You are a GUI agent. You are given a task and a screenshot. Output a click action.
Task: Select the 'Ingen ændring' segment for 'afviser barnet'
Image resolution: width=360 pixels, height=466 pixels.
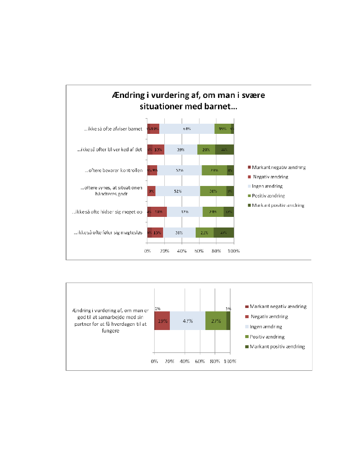coord(187,129)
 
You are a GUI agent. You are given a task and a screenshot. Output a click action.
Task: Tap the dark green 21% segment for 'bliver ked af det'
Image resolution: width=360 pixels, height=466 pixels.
coord(224,150)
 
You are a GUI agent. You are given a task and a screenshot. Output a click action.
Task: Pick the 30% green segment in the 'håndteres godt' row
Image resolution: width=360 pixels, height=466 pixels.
coord(213,191)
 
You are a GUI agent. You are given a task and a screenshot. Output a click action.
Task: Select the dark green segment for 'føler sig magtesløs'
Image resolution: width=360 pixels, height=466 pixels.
coord(224,233)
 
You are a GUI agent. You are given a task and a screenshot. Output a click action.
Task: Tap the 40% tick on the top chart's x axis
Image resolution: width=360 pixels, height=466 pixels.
coord(182,251)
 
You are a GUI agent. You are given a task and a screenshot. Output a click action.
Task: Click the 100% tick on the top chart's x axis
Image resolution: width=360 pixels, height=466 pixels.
coord(234,251)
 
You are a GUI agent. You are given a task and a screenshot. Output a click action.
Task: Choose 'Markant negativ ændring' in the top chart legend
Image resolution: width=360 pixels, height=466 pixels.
coord(279,167)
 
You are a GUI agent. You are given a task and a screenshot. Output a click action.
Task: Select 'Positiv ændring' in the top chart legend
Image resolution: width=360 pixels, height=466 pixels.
coord(268,196)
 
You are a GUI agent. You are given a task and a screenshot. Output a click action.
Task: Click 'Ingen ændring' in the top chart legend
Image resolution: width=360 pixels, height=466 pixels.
coord(267,186)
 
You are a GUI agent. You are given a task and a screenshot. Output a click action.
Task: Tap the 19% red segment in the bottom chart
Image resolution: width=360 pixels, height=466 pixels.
coord(162,321)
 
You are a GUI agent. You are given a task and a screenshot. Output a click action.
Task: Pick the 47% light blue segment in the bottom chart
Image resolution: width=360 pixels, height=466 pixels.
coord(188,321)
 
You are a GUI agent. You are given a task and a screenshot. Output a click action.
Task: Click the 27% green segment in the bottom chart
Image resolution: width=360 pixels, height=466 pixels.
coord(216,321)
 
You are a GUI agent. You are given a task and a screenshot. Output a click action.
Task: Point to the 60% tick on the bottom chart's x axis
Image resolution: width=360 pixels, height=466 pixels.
coord(200,361)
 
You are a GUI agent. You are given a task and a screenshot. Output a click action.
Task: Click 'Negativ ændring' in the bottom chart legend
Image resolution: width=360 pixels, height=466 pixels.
coord(270,316)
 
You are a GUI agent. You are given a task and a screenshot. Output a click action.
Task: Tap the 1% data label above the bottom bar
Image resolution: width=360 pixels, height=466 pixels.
coord(157,308)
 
